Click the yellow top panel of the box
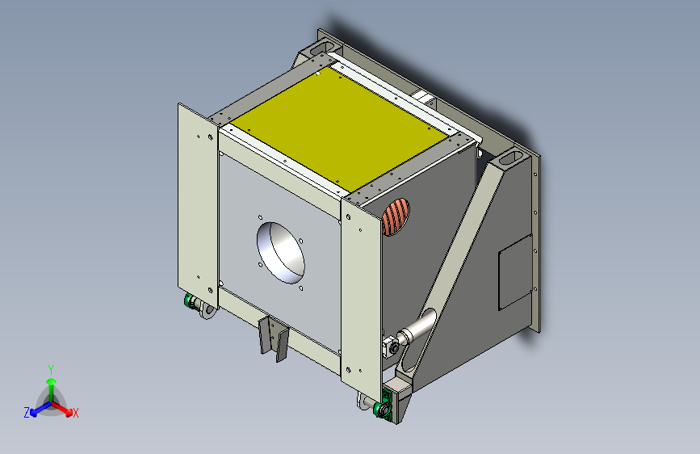tap(339, 128)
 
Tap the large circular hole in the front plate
tap(281, 253)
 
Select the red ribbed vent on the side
tap(396, 217)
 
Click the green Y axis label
tap(51, 370)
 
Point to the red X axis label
tap(75, 414)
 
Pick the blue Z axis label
tap(27, 413)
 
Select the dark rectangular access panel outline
tap(516, 272)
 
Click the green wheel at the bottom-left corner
tap(189, 301)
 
